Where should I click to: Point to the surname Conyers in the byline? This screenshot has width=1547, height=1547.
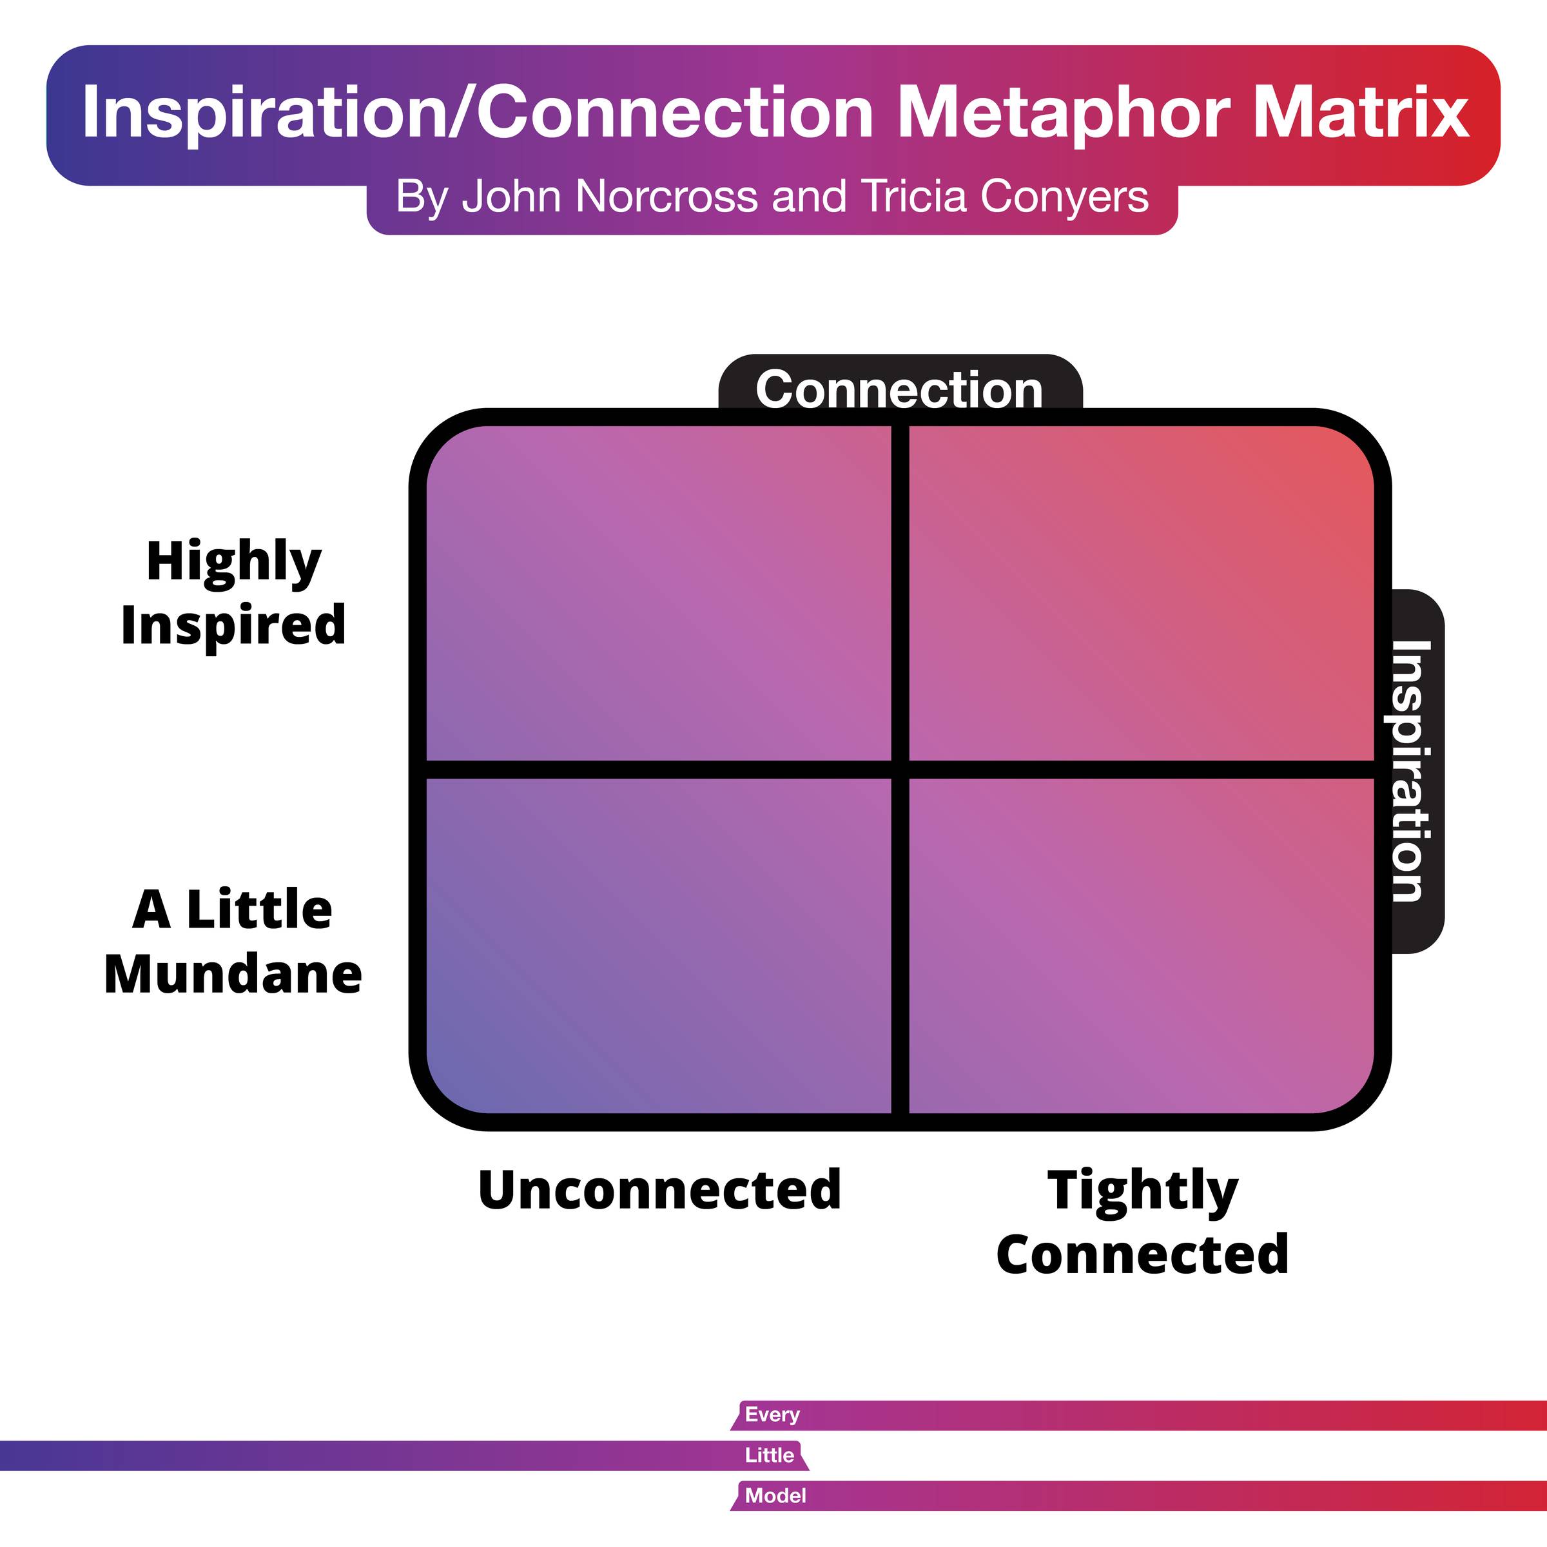coord(1064,197)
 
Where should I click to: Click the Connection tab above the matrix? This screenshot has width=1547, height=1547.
coord(899,389)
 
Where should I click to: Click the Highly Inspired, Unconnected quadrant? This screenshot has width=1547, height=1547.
coord(658,592)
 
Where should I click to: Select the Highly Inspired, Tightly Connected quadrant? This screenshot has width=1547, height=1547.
coord(1142,592)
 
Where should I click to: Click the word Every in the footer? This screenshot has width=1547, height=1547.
coord(772,1415)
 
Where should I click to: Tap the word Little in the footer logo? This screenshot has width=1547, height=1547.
coord(769,1455)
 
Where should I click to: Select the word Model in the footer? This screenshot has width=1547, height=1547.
coord(774,1495)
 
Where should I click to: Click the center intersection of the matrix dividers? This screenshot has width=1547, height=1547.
coord(900,770)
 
